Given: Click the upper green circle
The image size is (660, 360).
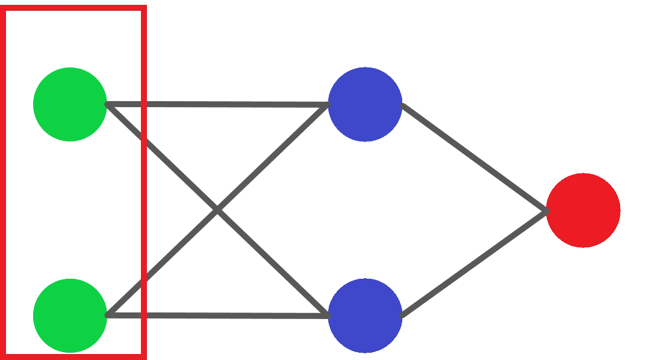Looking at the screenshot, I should [69, 105].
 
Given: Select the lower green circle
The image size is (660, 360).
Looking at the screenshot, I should [69, 315].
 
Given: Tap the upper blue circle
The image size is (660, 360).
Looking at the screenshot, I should [364, 105].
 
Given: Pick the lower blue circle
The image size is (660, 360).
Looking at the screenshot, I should [364, 315].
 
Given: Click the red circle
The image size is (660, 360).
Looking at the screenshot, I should [583, 210].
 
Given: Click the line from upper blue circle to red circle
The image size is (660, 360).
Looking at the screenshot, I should [476, 158].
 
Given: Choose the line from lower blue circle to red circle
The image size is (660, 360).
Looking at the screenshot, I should [476, 262].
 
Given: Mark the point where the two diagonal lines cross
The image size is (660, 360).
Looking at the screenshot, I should [217, 209].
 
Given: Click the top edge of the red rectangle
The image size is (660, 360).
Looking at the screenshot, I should [75, 7].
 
